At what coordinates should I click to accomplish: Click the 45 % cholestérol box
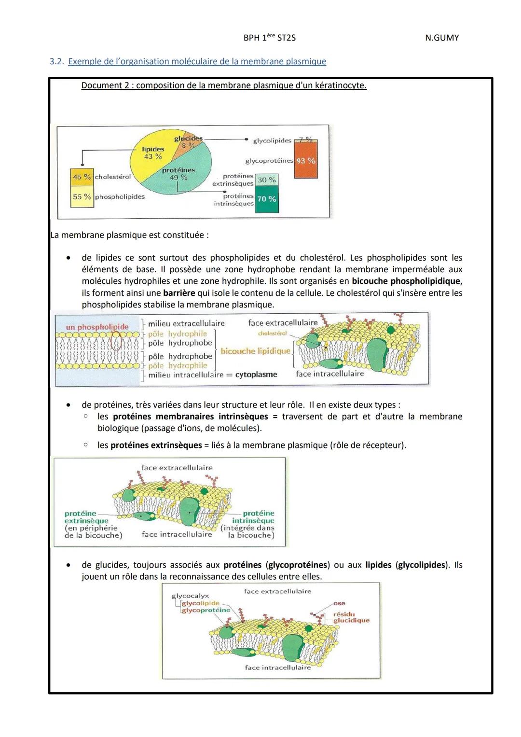pos(82,177)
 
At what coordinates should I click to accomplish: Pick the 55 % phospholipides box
pos(82,197)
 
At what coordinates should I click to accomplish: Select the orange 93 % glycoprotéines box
pos(306,161)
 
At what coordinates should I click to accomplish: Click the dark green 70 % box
pos(266,199)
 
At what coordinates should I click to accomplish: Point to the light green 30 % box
pos(266,180)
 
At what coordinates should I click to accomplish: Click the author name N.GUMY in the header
pos(441,38)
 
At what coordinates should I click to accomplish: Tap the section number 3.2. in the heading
pos(57,62)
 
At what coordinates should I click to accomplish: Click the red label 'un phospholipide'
pos(97,327)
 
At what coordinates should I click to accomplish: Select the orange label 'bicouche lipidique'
pos(256,351)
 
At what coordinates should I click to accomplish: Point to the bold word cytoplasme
pos(256,375)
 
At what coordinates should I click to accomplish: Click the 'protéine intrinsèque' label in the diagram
pos(254,517)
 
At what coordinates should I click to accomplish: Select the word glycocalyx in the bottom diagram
pos(190,596)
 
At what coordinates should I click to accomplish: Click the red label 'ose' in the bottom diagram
pos(339,603)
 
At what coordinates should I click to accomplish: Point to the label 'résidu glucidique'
pos(351,617)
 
